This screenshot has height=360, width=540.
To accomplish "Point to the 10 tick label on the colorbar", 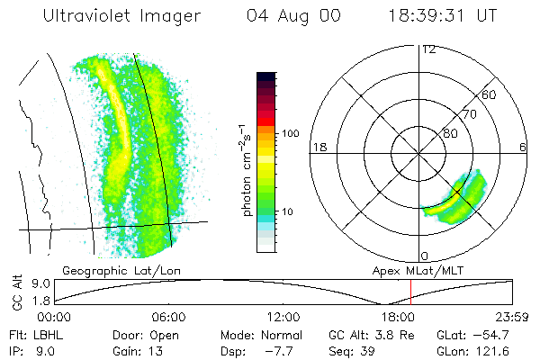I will [291, 211].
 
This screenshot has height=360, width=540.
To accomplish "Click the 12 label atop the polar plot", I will [428, 49].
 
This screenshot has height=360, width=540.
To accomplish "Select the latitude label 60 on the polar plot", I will [490, 94].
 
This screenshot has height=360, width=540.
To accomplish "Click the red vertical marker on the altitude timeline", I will [410, 292].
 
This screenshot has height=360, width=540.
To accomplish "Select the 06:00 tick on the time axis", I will [169, 317].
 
